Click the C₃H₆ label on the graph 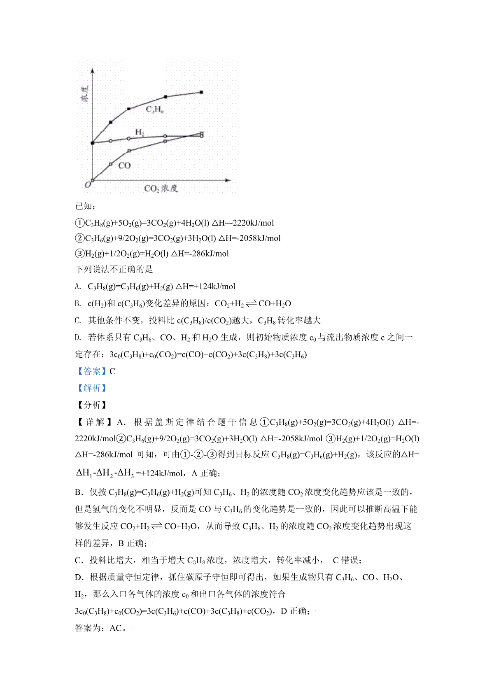pos(155,110)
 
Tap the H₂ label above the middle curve pos(140,132)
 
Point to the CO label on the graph pos(124,165)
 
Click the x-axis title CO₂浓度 pos(161,189)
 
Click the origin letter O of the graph pos(87,185)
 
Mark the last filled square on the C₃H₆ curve pos(201,92)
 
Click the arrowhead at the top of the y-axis pos(93,71)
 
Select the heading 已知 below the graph pos(85,206)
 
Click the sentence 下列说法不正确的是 pos(114,269)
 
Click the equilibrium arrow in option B pos(251,304)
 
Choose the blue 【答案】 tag pos(91,371)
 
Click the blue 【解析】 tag pos(91,388)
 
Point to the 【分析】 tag pos(91,405)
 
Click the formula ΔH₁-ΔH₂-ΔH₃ pos(105,473)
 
